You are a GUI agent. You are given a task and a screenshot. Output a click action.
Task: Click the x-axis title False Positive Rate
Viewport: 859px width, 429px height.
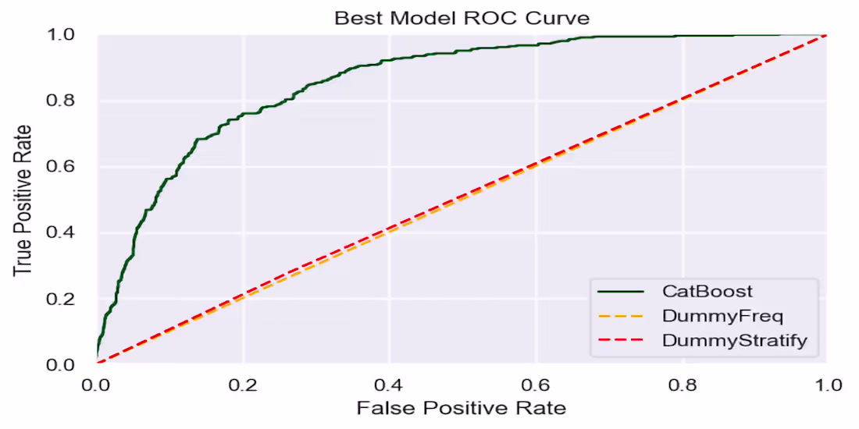[x=460, y=407]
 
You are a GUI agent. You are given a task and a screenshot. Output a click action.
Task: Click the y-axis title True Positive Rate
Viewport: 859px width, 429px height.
[x=23, y=199]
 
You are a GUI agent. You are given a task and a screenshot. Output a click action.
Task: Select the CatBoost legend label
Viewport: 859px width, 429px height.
[x=708, y=291]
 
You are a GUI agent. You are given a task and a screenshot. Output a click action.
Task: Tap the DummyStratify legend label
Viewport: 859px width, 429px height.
[x=734, y=340]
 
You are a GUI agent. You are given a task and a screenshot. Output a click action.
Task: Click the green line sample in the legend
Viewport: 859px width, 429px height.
[x=621, y=292]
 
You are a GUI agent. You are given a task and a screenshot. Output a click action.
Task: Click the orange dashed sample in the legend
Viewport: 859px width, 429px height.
[x=621, y=317]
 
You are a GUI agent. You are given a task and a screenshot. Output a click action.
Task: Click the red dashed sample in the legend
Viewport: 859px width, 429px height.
[x=621, y=341]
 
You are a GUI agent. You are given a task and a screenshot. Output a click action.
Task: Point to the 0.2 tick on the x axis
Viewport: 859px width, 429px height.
[x=243, y=384]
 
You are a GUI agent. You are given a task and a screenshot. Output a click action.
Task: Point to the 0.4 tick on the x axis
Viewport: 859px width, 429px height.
[x=389, y=384]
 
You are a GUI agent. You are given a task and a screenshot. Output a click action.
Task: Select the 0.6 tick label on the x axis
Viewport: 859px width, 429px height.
[x=535, y=384]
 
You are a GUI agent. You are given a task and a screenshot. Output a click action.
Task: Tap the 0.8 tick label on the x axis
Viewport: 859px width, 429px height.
[x=681, y=384]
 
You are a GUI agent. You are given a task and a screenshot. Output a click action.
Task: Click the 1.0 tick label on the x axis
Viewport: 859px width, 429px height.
[x=826, y=384]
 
